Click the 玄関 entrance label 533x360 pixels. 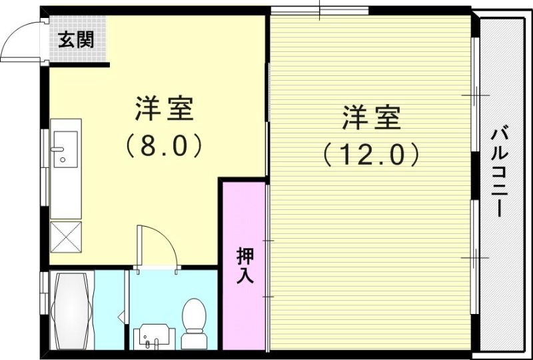click(75, 40)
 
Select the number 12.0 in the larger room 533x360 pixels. click(372, 155)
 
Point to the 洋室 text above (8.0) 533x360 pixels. click(164, 109)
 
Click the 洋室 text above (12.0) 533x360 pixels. click(372, 118)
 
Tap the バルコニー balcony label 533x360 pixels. click(500, 172)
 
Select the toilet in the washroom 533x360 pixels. click(195, 319)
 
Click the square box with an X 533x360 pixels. click(65, 237)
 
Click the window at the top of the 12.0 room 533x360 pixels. click(320, 11)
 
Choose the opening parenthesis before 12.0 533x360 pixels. click(328, 155)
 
